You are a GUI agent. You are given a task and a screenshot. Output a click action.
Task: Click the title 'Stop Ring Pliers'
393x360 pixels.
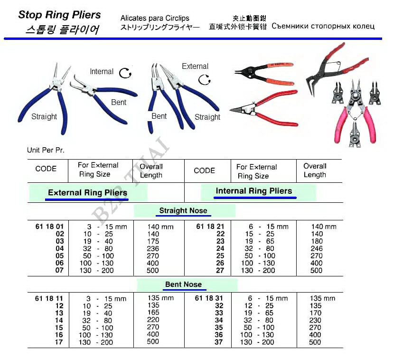coord(59,14)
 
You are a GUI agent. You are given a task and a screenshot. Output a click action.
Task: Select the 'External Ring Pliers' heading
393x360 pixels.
coord(88,193)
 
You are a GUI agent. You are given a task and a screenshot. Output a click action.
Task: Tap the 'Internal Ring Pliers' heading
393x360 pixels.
coord(254,191)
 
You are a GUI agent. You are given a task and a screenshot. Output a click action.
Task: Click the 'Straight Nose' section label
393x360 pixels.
coord(183,210)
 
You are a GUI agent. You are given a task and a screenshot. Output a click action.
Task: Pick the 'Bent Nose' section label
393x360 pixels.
coord(183,284)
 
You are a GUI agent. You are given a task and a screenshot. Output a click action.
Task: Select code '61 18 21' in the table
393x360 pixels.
coord(210,227)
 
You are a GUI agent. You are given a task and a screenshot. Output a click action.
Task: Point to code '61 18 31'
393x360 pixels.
coord(210,298)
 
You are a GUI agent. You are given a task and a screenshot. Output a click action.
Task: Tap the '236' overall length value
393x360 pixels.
coord(153,248)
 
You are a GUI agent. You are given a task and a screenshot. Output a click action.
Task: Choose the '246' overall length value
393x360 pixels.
coord(317,248)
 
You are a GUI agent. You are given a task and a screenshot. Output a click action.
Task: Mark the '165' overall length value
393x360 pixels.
coord(153,313)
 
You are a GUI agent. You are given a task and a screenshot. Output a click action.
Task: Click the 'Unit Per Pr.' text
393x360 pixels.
coord(46,150)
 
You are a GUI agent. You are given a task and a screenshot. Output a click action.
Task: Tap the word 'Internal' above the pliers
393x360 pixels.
coord(102,72)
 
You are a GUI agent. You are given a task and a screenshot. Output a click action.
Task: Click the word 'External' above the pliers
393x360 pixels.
coord(195,66)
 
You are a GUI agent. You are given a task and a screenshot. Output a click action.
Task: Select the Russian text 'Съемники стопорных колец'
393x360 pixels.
coord(323,26)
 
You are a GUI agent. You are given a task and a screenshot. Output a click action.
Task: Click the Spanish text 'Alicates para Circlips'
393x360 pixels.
coord(155,18)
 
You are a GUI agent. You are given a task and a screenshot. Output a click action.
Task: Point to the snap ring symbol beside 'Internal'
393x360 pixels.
coord(125,73)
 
